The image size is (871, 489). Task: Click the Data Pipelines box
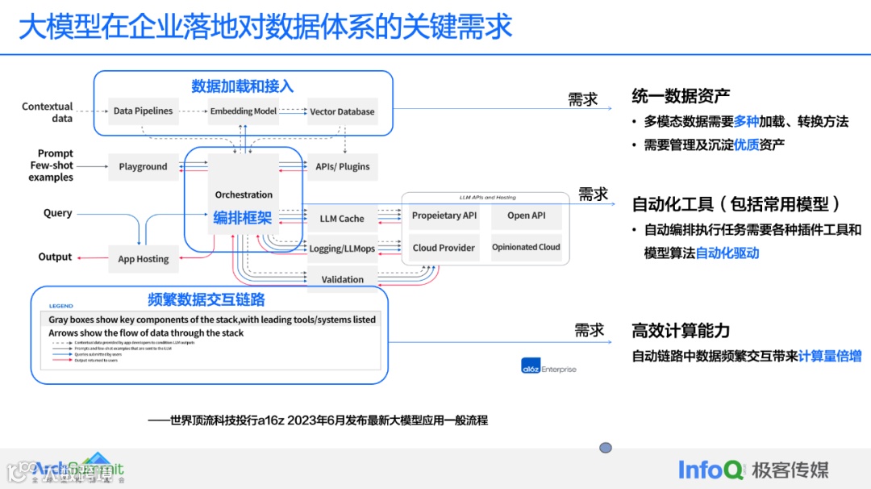point(143,111)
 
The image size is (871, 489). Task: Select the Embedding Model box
point(243,111)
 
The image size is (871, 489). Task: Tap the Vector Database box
point(342,112)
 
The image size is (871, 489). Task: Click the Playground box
point(143,167)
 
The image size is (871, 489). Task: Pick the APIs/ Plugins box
point(343,167)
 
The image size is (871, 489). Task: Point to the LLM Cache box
point(342,219)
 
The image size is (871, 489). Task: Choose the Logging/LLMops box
point(342,249)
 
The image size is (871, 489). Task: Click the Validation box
point(342,279)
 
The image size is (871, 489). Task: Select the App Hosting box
point(143,259)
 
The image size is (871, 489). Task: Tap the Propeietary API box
point(444,215)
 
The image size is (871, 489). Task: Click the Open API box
point(526,215)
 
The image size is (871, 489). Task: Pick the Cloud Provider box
point(444,248)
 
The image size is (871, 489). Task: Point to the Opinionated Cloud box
point(526,248)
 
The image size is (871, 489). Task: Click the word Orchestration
point(244,194)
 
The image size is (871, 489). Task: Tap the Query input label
point(57,213)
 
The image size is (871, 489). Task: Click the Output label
point(55,257)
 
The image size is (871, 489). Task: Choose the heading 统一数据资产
point(681,96)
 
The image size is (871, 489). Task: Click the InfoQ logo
point(711,469)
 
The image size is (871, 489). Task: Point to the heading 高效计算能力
point(681,331)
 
